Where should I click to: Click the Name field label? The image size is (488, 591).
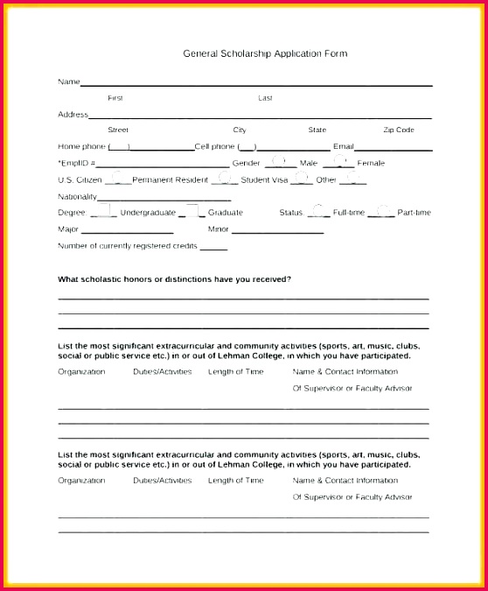tap(68, 81)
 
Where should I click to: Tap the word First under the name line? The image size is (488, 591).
tap(115, 98)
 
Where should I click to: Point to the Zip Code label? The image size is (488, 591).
tap(398, 130)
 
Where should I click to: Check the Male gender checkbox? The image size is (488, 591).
tap(279, 161)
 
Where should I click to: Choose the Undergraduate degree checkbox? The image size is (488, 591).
tap(103, 211)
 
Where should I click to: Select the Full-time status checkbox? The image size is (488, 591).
tap(318, 211)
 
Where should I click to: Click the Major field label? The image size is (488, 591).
tap(68, 229)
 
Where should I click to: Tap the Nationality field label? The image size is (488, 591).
tap(77, 196)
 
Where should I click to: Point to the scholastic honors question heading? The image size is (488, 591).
tap(175, 279)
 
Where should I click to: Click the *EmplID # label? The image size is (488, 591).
tap(77, 163)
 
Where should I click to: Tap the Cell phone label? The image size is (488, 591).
tap(215, 146)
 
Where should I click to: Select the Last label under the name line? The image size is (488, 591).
tap(265, 98)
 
